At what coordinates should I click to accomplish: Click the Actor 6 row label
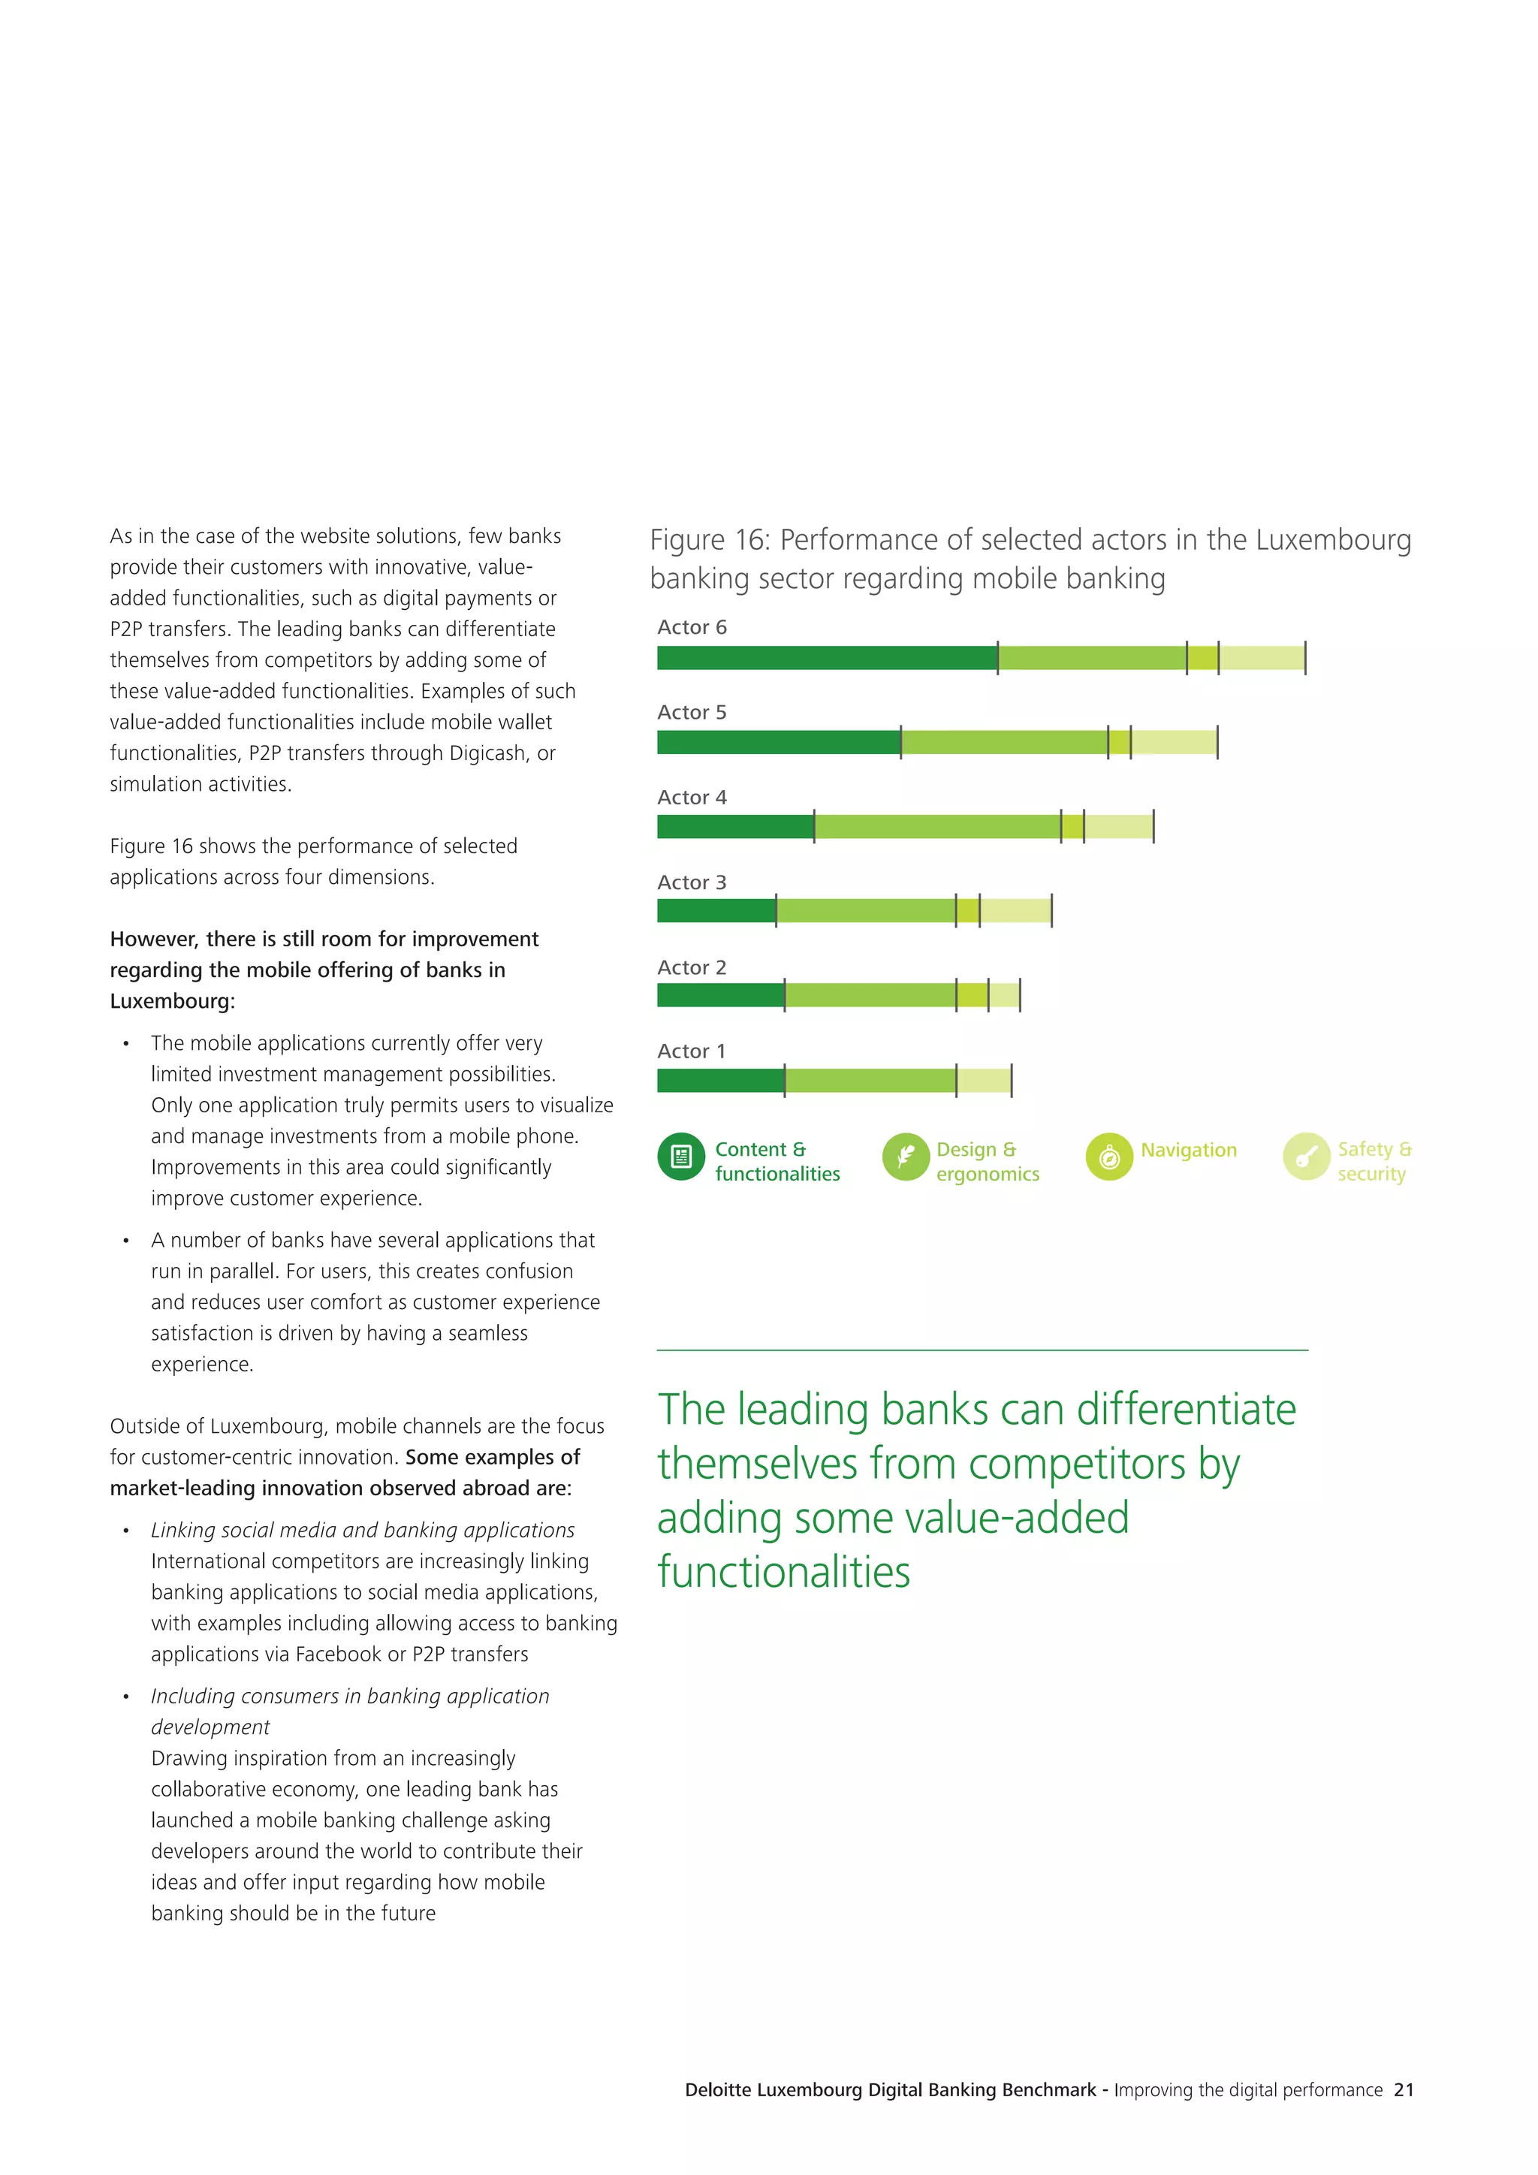click(x=692, y=627)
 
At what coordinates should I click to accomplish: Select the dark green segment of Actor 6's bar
click(x=827, y=657)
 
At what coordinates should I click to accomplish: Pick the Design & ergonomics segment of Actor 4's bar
click(x=936, y=826)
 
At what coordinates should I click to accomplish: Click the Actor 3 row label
click(x=692, y=882)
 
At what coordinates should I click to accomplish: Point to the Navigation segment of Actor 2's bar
click(x=972, y=994)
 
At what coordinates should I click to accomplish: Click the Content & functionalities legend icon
click(x=681, y=1157)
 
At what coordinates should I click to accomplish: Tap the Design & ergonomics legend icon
click(x=906, y=1157)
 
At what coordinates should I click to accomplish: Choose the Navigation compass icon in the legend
click(x=1109, y=1157)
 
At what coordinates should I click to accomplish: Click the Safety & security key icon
click(x=1306, y=1157)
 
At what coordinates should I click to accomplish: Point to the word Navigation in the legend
click(x=1189, y=1150)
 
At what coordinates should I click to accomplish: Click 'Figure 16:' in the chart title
click(x=710, y=540)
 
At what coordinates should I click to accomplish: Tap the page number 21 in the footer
click(x=1404, y=2089)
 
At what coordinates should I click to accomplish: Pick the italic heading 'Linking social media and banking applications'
click(x=363, y=1530)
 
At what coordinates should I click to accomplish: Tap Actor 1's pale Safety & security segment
click(x=983, y=1080)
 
